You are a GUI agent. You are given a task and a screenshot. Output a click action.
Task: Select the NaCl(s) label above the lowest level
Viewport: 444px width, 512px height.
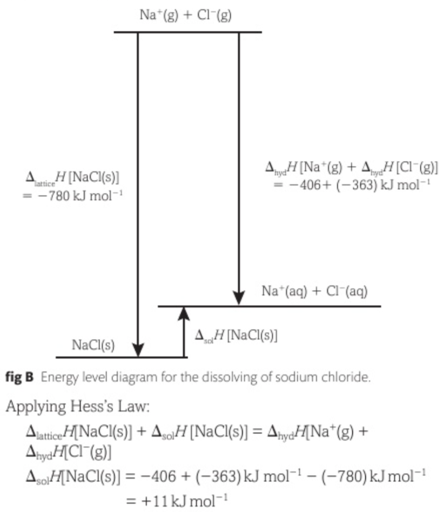pos(93,345)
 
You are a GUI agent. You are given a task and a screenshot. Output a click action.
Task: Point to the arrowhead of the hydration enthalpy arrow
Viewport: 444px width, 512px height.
pos(239,299)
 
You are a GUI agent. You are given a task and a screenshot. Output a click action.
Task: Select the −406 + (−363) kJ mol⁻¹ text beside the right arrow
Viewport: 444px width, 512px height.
pos(352,184)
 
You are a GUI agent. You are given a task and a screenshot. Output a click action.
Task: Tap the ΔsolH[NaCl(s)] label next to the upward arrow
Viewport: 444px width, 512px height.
pos(236,335)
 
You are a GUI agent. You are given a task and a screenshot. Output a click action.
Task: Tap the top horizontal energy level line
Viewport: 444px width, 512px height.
pos(187,32)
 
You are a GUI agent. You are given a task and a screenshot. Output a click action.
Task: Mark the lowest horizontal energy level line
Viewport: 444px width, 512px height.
pos(122,357)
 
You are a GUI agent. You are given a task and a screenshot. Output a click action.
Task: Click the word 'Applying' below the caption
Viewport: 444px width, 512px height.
pos(32,406)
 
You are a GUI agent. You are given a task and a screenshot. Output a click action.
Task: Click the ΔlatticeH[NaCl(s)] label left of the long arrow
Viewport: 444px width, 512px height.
pos(72,176)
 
